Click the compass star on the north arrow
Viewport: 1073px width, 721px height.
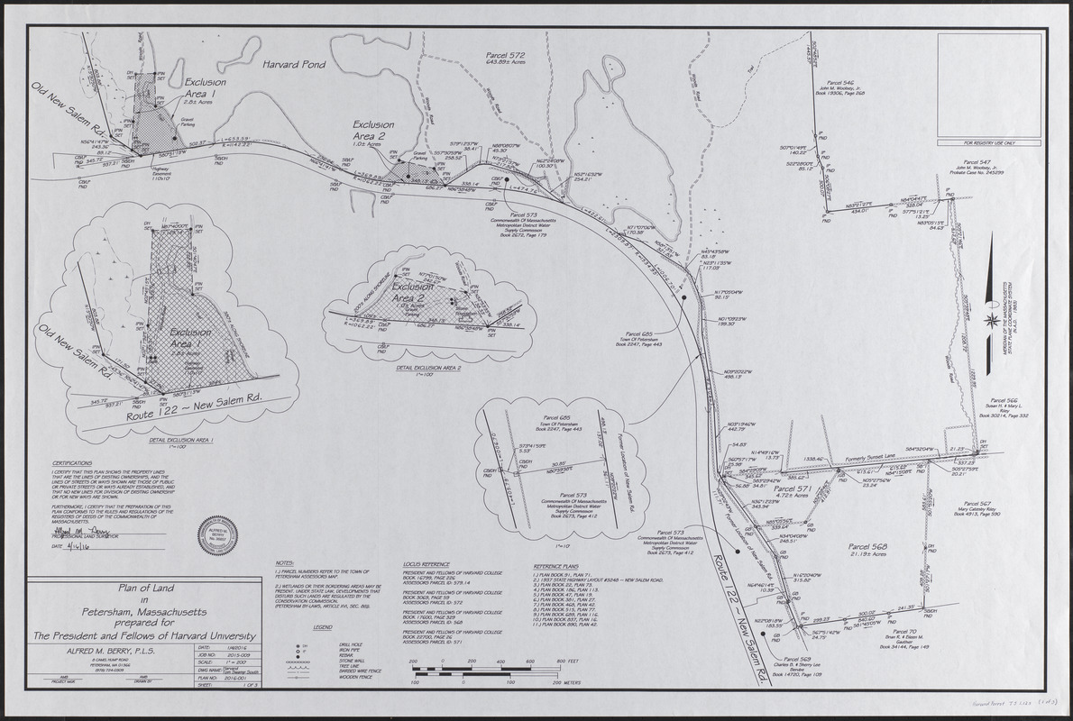[x=993, y=320]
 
